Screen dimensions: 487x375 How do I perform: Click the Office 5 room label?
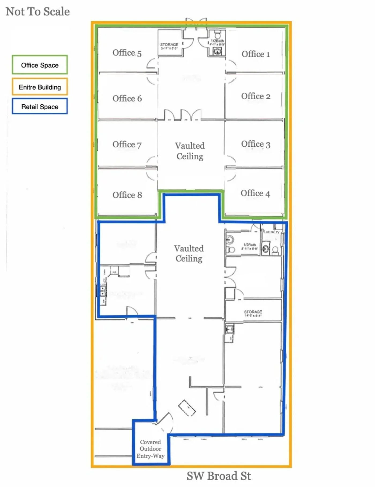[127, 53]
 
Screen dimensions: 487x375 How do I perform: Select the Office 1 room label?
[256, 54]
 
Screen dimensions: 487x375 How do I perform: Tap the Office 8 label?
[127, 195]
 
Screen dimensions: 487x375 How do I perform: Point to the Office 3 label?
[256, 144]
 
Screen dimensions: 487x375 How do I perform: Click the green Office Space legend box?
[40, 65]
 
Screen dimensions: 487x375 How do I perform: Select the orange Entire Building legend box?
[40, 87]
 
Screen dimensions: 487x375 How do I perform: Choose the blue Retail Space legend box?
[40, 106]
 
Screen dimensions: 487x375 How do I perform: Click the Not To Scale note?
[38, 12]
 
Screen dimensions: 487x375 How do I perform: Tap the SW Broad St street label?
[219, 476]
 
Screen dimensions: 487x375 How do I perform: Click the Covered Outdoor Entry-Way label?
[151, 449]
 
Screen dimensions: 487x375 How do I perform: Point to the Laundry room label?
[271, 232]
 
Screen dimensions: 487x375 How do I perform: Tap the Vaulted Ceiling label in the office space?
[190, 151]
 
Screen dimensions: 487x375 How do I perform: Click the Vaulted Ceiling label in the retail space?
[189, 253]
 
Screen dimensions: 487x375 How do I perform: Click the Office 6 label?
[127, 98]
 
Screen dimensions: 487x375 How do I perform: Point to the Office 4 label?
[255, 193]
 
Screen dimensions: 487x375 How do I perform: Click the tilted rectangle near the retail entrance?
[187, 408]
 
